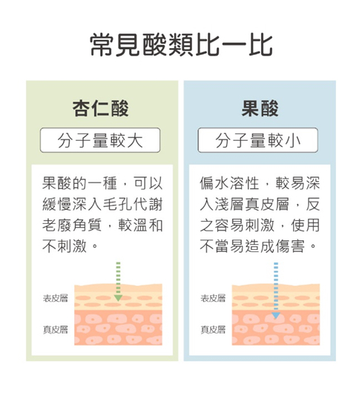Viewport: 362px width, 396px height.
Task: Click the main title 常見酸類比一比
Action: point(181,45)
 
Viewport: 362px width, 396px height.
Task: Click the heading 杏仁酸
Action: point(101,108)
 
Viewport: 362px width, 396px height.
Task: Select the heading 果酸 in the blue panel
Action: point(260,108)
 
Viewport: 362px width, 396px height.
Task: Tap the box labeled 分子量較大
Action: point(100,140)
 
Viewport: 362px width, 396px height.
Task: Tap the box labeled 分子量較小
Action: point(257,140)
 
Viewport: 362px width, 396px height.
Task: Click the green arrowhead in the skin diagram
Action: point(118,298)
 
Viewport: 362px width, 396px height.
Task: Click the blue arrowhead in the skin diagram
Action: point(276,315)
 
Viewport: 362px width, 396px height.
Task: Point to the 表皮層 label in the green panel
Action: point(56,298)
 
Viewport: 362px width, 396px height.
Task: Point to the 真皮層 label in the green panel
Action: point(56,329)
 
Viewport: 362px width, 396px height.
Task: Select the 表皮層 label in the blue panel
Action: point(213,298)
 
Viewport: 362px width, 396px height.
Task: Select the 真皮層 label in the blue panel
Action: point(213,329)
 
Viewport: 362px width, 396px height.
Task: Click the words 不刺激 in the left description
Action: point(65,246)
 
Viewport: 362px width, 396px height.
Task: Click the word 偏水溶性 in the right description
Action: point(229,183)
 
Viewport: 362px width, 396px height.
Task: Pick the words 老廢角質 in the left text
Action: point(72,225)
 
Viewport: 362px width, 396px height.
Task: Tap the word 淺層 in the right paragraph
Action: point(229,204)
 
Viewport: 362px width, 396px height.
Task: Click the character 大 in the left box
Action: point(135,140)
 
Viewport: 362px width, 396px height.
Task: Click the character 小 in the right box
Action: point(293,140)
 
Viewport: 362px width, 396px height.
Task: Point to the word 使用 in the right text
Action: point(305,225)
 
